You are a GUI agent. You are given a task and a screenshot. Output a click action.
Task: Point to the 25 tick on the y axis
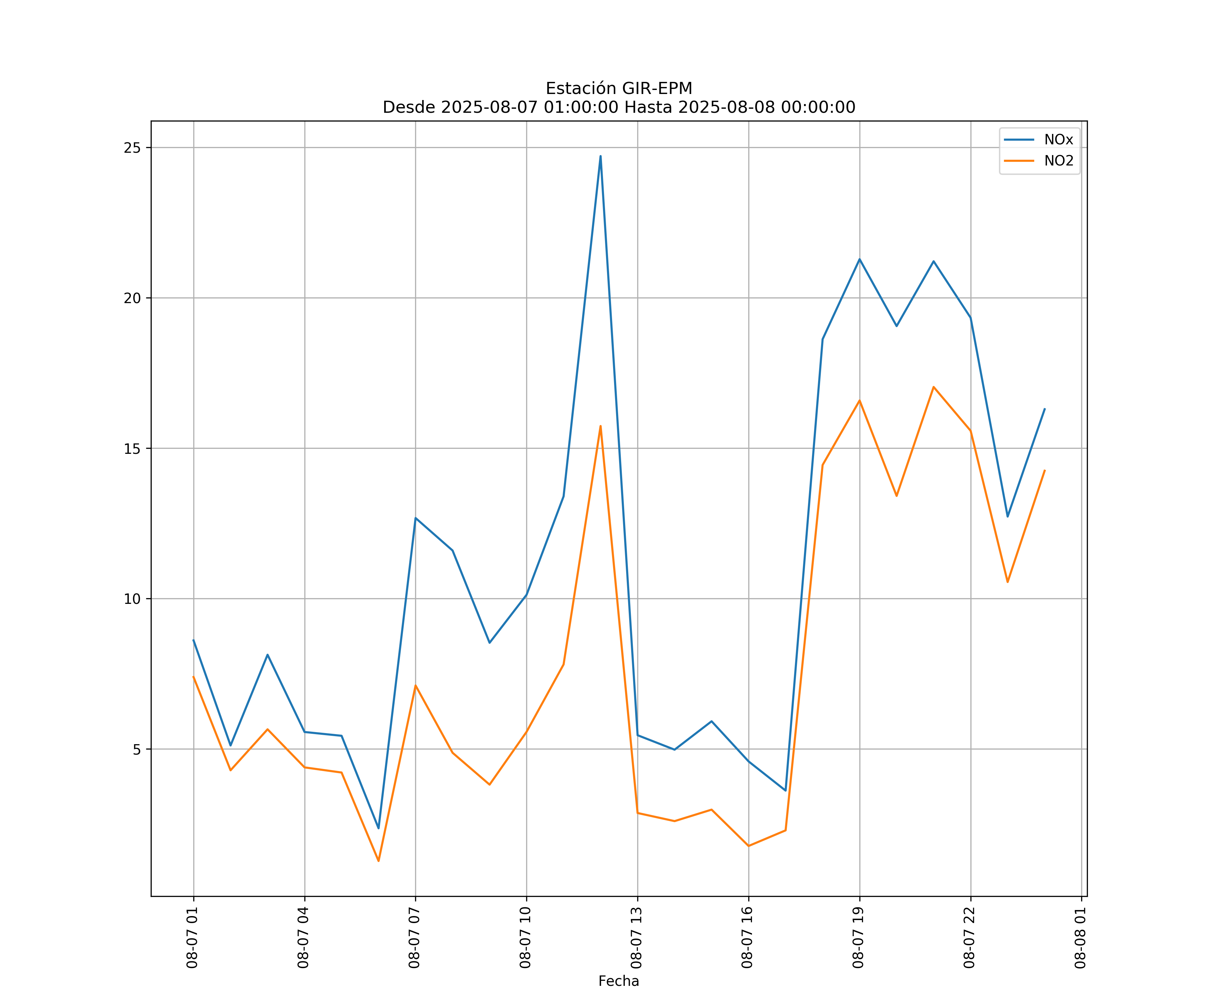click(x=132, y=148)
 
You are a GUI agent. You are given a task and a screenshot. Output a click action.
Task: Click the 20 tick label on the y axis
click(x=132, y=298)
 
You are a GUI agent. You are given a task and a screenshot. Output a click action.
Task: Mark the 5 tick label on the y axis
click(x=136, y=749)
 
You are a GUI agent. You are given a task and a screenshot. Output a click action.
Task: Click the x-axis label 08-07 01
click(x=192, y=938)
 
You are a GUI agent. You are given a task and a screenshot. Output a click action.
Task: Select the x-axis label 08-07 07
click(x=414, y=938)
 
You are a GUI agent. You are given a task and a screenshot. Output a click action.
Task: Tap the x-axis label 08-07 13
click(x=636, y=938)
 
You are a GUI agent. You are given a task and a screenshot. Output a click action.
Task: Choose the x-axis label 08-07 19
click(x=858, y=938)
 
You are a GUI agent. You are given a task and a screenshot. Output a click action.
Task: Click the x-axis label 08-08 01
click(x=1080, y=938)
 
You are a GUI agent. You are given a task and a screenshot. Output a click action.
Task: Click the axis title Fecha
click(x=618, y=981)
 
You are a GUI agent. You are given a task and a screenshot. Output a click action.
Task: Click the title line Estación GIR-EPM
click(x=618, y=89)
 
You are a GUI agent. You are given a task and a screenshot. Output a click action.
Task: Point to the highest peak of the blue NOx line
click(x=601, y=156)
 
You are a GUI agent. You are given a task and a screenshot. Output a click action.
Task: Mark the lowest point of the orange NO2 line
click(x=379, y=861)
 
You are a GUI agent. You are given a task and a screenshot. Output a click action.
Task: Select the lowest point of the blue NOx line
click(x=379, y=829)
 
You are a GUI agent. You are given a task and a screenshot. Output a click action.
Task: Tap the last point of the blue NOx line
click(x=1045, y=409)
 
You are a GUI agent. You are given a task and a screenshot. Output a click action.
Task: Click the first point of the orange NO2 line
click(x=193, y=677)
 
